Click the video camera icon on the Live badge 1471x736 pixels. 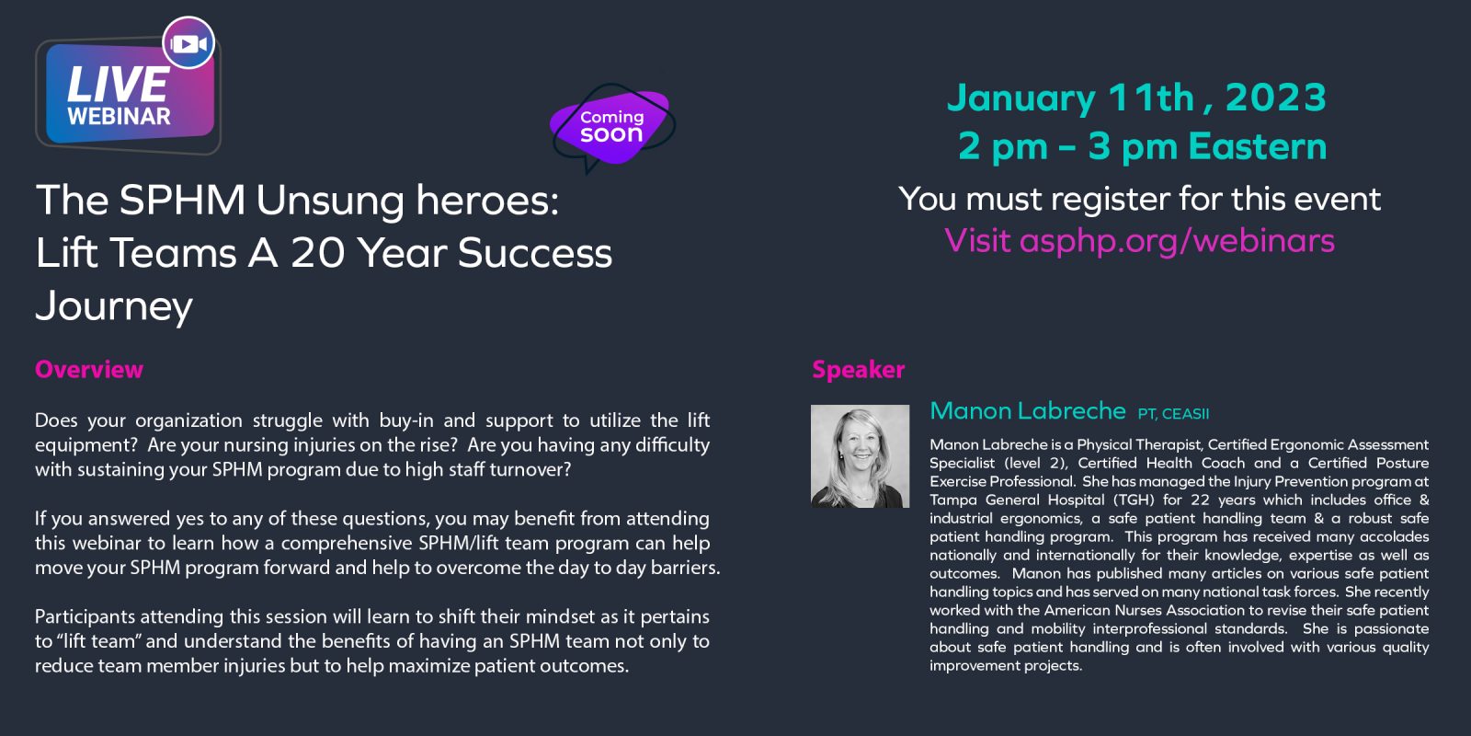(x=188, y=43)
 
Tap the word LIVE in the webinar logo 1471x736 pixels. (x=118, y=85)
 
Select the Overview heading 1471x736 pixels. (x=89, y=369)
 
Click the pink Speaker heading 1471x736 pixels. (x=859, y=369)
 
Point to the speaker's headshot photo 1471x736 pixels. (x=861, y=456)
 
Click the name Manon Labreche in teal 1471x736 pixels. (x=1028, y=410)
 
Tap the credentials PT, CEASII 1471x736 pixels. (x=1173, y=414)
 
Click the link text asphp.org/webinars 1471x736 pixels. (x=1177, y=240)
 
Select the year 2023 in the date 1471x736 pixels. (x=1275, y=98)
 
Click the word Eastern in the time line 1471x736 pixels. (x=1258, y=146)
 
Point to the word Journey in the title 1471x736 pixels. (x=114, y=306)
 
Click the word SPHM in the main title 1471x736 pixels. (x=182, y=200)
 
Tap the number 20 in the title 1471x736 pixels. (x=318, y=253)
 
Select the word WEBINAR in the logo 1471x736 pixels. (x=119, y=116)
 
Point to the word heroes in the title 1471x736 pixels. (x=487, y=200)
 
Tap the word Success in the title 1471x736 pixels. (x=535, y=253)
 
